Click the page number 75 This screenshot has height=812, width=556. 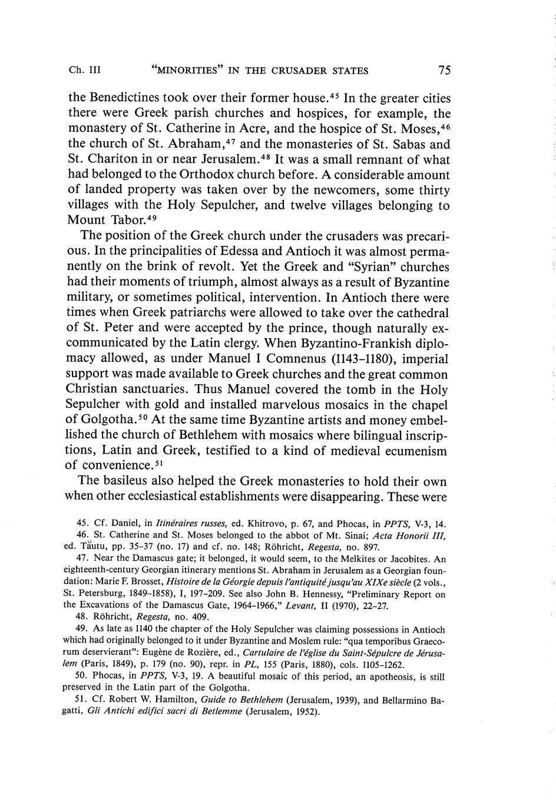click(444, 71)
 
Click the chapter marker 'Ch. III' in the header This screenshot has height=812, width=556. click(85, 71)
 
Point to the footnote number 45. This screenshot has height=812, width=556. click(82, 523)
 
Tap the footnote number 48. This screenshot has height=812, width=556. click(82, 617)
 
